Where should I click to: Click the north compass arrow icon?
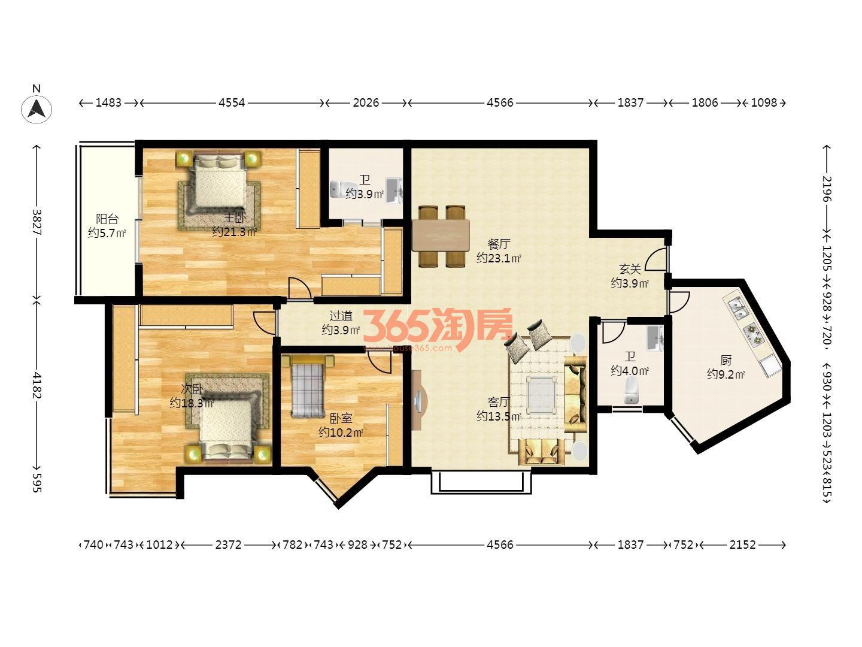[x=36, y=109]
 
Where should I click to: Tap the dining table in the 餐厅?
[x=441, y=235]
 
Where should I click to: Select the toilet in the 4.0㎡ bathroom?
[x=631, y=391]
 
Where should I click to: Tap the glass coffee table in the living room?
[x=542, y=395]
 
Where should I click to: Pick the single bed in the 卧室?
[x=308, y=386]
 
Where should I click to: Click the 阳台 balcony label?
[x=107, y=219]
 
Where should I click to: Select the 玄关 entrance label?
[x=630, y=269]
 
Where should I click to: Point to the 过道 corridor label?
[x=341, y=316]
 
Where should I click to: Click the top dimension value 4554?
[x=232, y=103]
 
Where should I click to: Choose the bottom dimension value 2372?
[x=228, y=545]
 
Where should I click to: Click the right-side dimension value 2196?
[x=826, y=189]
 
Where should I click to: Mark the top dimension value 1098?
[x=764, y=103]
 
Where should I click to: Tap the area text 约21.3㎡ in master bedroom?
[x=235, y=232]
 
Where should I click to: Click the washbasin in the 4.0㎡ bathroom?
[x=655, y=338]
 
